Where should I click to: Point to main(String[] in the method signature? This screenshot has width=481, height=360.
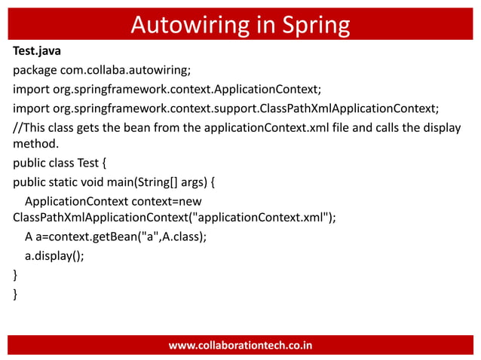pyautogui.click(x=153, y=182)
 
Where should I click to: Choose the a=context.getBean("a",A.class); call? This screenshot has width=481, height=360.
pyautogui.click(x=121, y=236)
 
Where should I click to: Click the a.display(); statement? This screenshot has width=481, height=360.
pyautogui.click(x=54, y=255)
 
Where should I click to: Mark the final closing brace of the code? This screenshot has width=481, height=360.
pyautogui.click(x=16, y=293)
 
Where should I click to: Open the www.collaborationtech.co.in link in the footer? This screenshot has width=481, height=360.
pyautogui.click(x=240, y=346)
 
